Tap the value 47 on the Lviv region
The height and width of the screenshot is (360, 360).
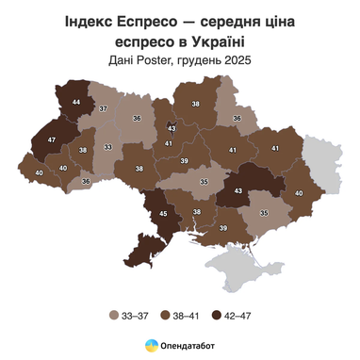click(x=52, y=139)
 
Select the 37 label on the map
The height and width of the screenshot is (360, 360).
click(x=104, y=110)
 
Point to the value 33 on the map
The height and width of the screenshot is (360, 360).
click(x=108, y=147)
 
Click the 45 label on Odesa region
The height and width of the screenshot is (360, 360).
click(x=164, y=214)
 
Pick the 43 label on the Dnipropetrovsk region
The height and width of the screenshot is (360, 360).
click(x=237, y=191)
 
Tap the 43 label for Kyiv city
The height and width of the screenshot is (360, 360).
click(x=172, y=127)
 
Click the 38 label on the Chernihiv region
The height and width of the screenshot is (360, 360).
click(x=196, y=104)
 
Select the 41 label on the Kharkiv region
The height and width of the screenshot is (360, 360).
click(x=275, y=148)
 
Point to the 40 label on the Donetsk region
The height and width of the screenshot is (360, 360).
click(x=300, y=193)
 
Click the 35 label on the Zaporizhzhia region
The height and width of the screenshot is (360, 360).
click(x=263, y=214)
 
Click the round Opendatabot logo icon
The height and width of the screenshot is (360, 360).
click(x=151, y=347)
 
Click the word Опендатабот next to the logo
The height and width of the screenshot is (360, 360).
click(x=188, y=347)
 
